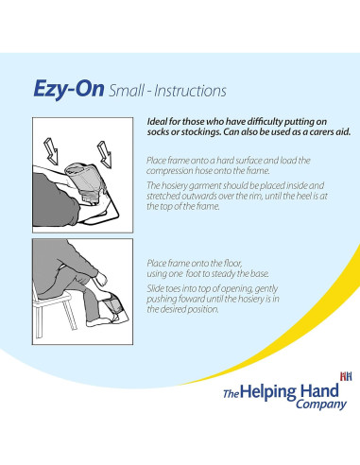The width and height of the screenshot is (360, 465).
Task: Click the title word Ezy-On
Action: tap(67, 91)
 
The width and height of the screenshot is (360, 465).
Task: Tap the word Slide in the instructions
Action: tap(158, 286)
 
